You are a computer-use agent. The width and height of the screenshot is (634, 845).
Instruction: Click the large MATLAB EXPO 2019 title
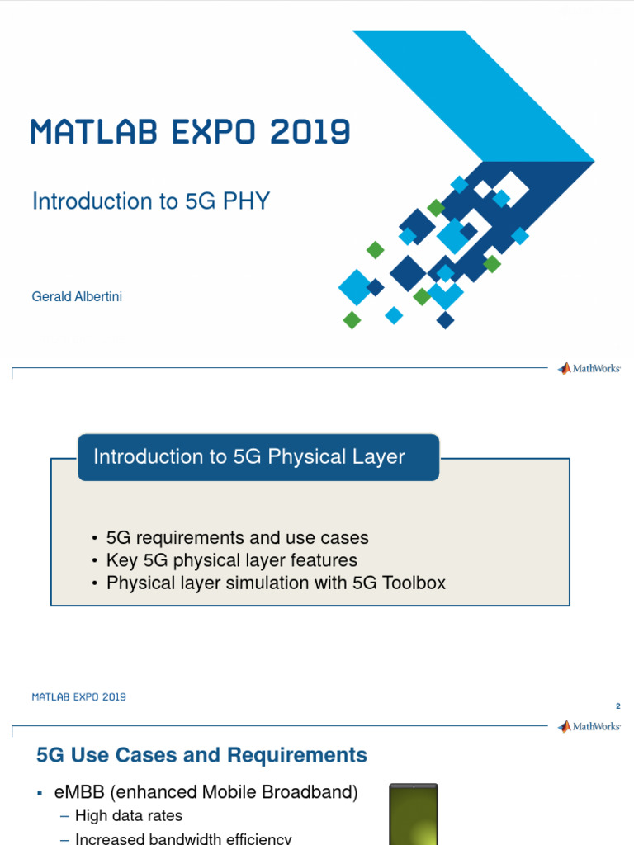pyautogui.click(x=191, y=132)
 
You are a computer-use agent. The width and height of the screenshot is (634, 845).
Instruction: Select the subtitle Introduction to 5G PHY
pyautogui.click(x=151, y=201)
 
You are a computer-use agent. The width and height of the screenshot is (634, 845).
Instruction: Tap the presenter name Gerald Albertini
pyautogui.click(x=77, y=296)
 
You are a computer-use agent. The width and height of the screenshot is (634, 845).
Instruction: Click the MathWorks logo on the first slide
pyautogui.click(x=589, y=369)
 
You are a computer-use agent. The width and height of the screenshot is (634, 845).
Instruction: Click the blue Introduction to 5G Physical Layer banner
pyautogui.click(x=258, y=457)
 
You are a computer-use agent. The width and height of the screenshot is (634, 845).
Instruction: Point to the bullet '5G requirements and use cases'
pyautogui.click(x=237, y=538)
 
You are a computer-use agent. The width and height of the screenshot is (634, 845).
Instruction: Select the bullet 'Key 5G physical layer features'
pyautogui.click(x=231, y=561)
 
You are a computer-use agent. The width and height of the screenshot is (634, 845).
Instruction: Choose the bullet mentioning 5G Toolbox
pyautogui.click(x=276, y=583)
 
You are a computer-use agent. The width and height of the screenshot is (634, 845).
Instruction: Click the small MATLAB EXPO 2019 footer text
pyautogui.click(x=79, y=697)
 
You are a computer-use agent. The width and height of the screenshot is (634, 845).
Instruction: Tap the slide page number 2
pyautogui.click(x=617, y=706)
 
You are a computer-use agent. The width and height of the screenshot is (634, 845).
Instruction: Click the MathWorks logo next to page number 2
pyautogui.click(x=589, y=727)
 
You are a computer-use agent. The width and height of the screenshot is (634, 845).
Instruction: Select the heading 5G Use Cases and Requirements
pyautogui.click(x=202, y=755)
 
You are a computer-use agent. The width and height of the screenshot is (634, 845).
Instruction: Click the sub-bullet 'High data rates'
pyautogui.click(x=128, y=816)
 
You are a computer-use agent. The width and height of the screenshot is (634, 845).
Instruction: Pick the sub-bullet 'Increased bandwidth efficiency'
pyautogui.click(x=182, y=838)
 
